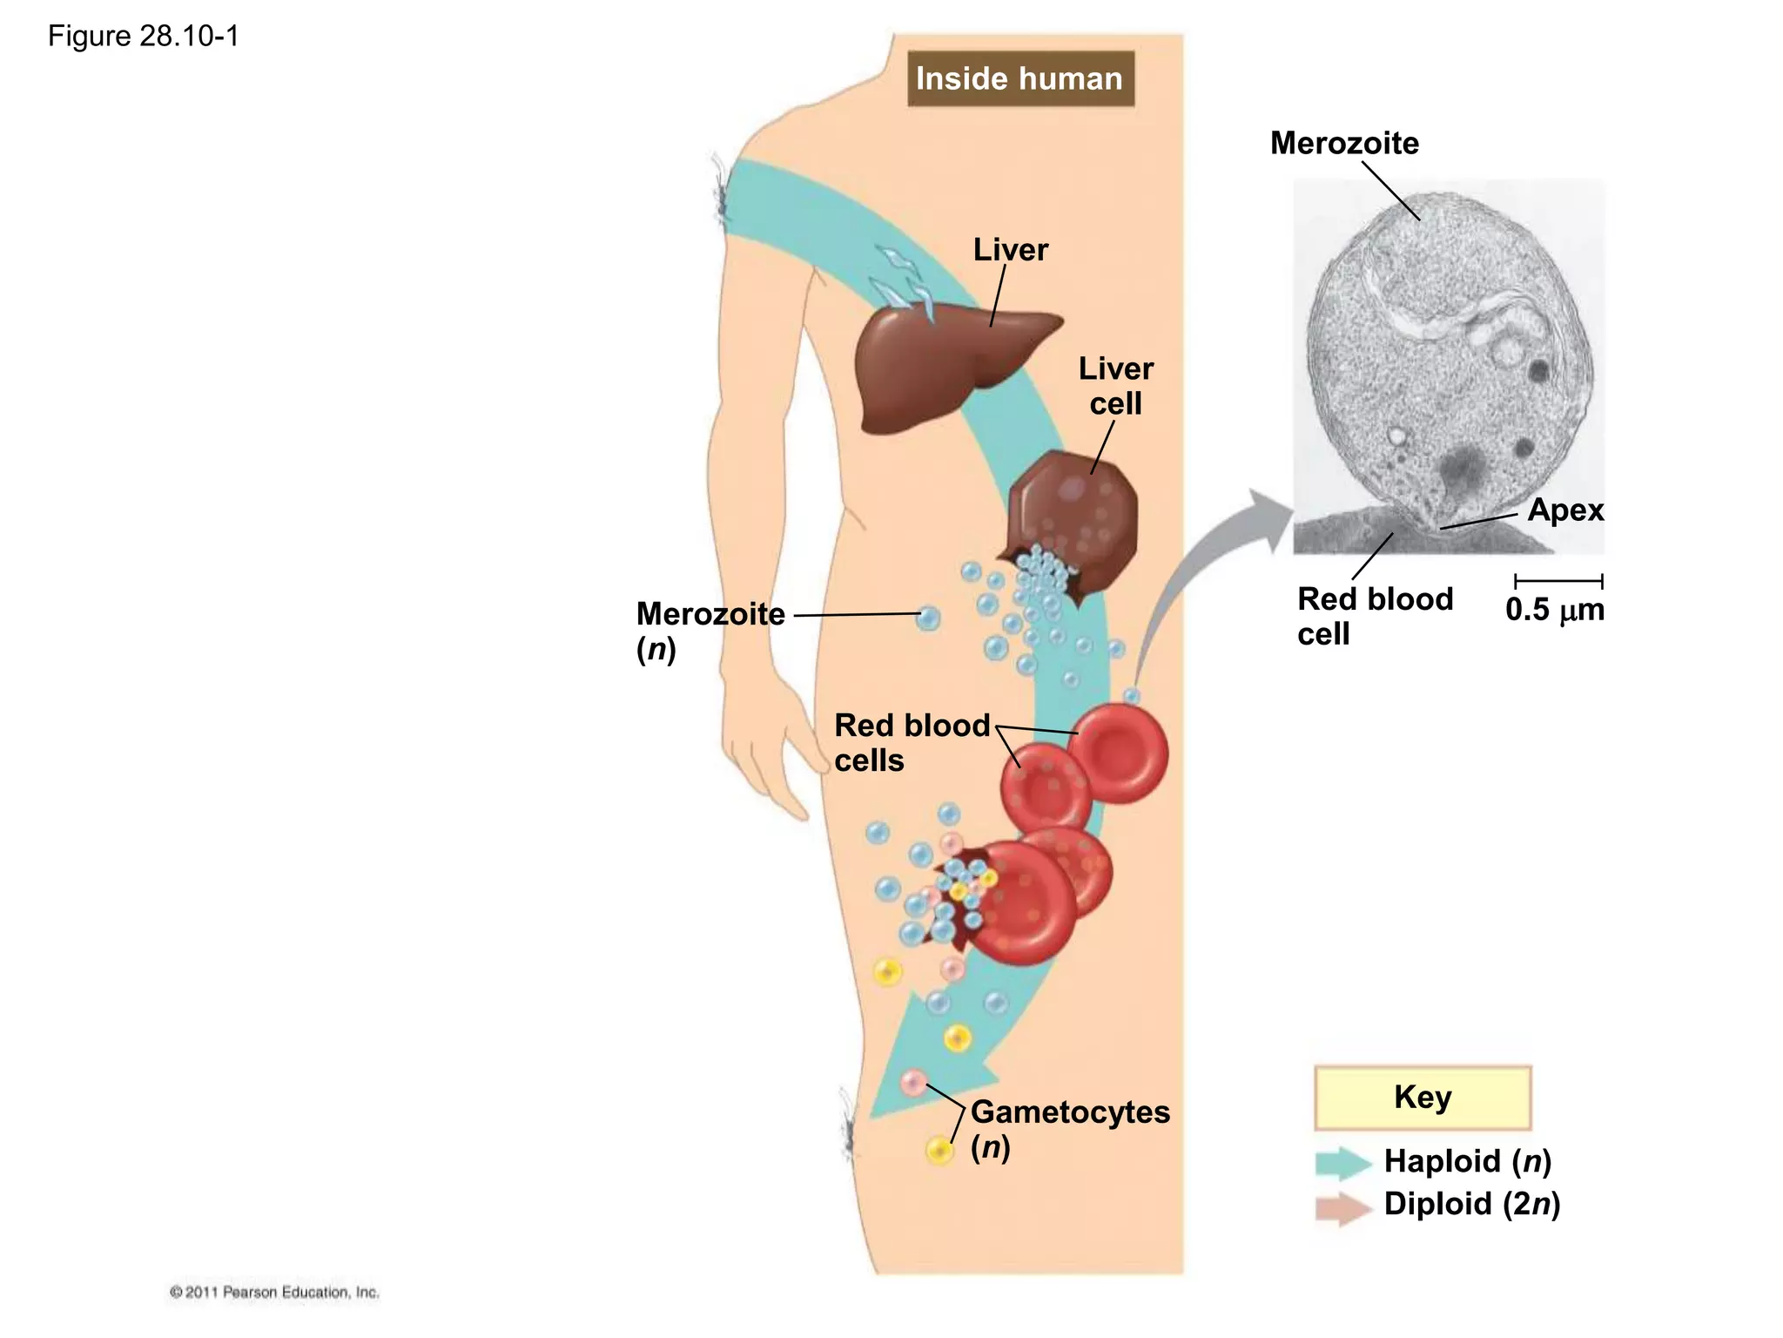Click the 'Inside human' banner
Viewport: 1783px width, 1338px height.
pyautogui.click(x=1019, y=78)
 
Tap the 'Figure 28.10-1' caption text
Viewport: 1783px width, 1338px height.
pyautogui.click(x=143, y=36)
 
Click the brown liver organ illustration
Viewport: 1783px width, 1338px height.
pyautogui.click(x=940, y=366)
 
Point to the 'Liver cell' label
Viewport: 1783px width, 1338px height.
pyautogui.click(x=1115, y=386)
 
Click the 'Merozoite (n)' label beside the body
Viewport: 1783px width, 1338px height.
pyautogui.click(x=710, y=631)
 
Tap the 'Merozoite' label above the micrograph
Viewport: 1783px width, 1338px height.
pyautogui.click(x=1343, y=143)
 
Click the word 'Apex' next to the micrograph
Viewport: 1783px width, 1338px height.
pyautogui.click(x=1564, y=510)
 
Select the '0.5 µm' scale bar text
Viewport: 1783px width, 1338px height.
pyautogui.click(x=1554, y=609)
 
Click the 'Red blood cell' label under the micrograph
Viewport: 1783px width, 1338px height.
pyautogui.click(x=1374, y=616)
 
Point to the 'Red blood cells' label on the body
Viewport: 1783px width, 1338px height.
pyautogui.click(x=911, y=742)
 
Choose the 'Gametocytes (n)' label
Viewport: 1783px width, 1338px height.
pyautogui.click(x=1069, y=1128)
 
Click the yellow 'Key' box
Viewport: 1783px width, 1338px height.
pyautogui.click(x=1422, y=1097)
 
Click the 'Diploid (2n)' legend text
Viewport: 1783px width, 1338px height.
pyautogui.click(x=1471, y=1204)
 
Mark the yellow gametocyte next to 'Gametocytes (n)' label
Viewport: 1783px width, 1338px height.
pyautogui.click(x=939, y=1150)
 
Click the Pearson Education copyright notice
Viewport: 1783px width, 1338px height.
pyautogui.click(x=274, y=1292)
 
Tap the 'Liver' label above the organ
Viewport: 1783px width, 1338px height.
pyautogui.click(x=1010, y=250)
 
